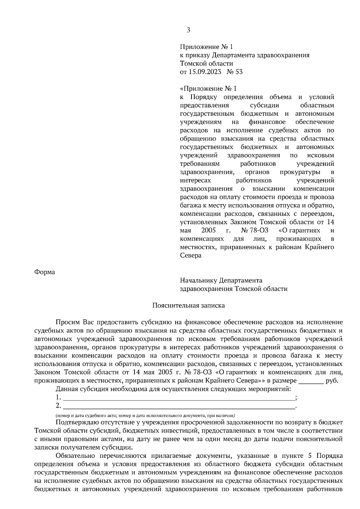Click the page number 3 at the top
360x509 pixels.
coord(188,30)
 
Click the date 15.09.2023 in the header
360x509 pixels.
coord(205,72)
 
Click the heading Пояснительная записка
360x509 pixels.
coord(188,305)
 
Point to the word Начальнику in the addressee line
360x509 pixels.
coord(199,281)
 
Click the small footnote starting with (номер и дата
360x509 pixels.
coord(145,416)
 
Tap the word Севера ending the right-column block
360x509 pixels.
coord(190,256)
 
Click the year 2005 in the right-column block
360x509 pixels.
coord(208,231)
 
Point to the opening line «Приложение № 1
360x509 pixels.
coord(208,89)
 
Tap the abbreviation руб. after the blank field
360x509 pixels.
coord(332,381)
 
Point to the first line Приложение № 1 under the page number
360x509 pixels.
coord(206,47)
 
